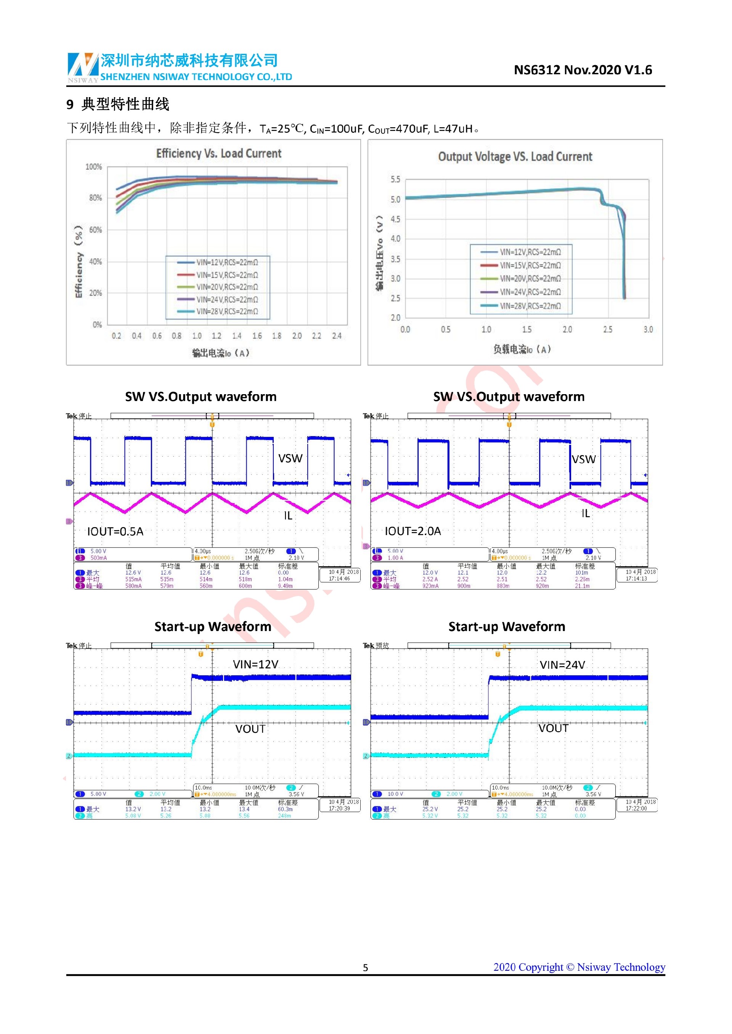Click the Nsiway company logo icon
click(x=83, y=66)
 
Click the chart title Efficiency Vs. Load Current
click(x=218, y=153)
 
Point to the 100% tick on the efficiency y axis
click(x=94, y=167)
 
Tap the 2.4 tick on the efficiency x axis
click(x=337, y=336)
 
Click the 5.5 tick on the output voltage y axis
click(x=395, y=180)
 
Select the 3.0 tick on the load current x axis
click(x=648, y=330)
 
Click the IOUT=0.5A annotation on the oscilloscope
click(x=116, y=531)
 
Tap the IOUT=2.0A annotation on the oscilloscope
click(x=413, y=531)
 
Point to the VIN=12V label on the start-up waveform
click(x=255, y=664)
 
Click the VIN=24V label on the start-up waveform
click(x=562, y=665)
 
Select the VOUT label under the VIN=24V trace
click(x=553, y=728)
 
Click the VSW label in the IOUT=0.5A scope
click(x=290, y=459)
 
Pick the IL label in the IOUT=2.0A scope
click(x=585, y=513)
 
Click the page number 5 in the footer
click(x=366, y=968)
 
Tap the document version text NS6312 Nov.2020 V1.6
click(x=583, y=70)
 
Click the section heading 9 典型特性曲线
click(x=118, y=104)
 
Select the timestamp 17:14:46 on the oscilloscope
click(x=339, y=579)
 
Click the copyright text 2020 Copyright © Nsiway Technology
click(x=579, y=967)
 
